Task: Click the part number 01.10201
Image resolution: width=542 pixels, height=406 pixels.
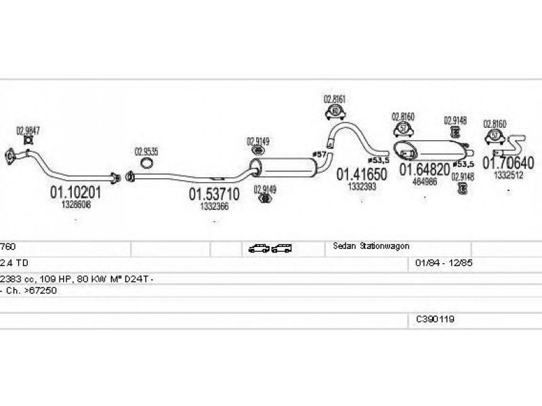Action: (75, 192)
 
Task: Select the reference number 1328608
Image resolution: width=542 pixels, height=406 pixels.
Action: (75, 203)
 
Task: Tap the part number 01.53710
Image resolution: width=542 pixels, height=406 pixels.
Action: (213, 196)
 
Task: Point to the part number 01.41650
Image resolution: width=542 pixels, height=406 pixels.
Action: (362, 175)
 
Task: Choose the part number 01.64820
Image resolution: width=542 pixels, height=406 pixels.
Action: (424, 169)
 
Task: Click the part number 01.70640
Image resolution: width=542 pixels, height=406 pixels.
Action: (508, 163)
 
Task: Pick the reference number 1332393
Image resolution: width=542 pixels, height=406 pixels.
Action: (362, 186)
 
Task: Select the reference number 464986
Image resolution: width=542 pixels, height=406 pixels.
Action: (424, 181)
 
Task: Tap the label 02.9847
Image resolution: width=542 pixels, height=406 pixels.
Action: (28, 130)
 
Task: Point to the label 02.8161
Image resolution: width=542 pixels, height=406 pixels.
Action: (334, 99)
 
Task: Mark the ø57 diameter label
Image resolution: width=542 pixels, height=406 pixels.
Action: (318, 155)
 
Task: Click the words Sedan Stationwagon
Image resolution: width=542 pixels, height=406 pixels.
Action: (371, 246)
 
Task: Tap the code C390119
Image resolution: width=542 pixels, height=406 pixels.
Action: (436, 318)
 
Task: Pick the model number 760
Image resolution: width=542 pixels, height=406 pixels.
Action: (7, 247)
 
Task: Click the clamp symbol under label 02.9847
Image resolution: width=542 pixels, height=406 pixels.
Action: (28, 140)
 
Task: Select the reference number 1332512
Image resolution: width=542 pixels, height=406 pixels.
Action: (508, 175)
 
